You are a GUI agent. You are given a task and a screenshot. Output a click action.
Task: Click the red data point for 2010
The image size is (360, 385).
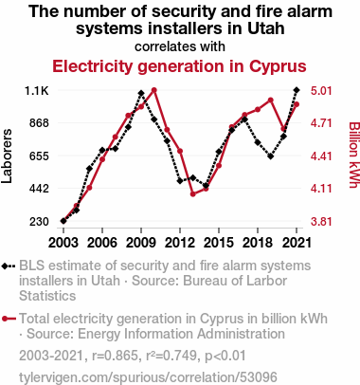[x=154, y=90]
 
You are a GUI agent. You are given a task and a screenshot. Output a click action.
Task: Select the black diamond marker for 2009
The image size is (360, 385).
[x=141, y=93]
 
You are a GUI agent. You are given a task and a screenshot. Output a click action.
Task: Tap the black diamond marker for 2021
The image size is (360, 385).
[x=297, y=90]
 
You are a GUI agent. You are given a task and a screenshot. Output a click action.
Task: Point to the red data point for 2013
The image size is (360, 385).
[x=193, y=194]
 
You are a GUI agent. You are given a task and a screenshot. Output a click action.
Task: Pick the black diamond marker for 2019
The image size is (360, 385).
[x=271, y=156]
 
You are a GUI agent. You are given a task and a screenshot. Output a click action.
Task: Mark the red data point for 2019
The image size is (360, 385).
[x=271, y=101]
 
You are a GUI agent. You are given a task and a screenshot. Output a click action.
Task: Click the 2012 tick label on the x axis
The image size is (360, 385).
[x=180, y=243]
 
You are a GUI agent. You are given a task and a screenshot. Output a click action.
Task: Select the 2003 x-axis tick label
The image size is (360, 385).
[x=63, y=243]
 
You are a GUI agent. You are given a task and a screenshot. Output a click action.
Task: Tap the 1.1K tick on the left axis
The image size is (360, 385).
[x=37, y=91]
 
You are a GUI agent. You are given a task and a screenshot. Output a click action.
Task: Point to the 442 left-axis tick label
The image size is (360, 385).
[x=40, y=189]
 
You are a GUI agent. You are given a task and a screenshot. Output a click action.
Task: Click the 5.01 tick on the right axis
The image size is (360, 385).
[x=321, y=91]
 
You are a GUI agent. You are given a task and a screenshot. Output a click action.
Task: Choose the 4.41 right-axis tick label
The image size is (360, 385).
[x=321, y=156]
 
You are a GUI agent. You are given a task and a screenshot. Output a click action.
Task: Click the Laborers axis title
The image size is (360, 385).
[x=7, y=156]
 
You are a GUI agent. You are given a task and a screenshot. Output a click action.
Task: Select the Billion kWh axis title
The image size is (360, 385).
[x=354, y=155]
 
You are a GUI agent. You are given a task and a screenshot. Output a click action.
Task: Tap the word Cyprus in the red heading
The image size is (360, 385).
[x=278, y=66]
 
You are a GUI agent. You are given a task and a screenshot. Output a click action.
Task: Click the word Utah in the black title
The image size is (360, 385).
[x=266, y=28]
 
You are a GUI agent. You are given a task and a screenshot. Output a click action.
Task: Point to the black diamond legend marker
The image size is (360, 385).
[x=9, y=266]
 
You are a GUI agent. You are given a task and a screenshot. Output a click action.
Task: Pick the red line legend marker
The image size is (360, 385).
[x=9, y=319]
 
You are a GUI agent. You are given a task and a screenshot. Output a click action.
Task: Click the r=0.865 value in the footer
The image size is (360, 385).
[x=115, y=356]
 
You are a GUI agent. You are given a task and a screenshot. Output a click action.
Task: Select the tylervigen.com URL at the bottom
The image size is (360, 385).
[x=148, y=377]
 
